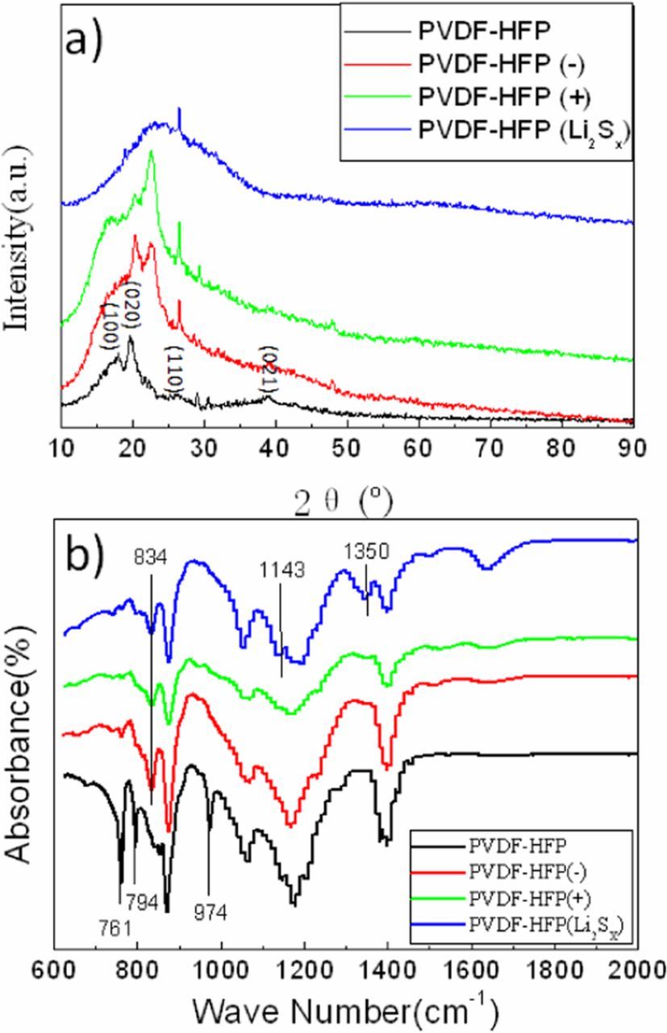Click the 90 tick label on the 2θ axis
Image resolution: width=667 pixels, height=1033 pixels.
[x=632, y=447]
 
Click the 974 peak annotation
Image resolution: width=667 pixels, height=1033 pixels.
[x=209, y=911]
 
